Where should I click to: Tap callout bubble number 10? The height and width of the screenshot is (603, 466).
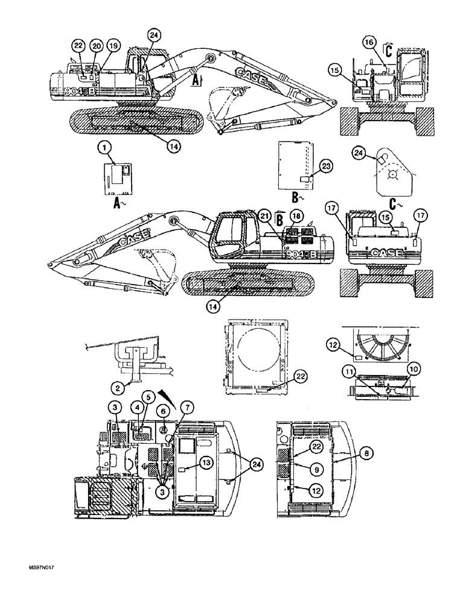(x=412, y=367)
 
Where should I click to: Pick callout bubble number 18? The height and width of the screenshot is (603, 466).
(x=296, y=215)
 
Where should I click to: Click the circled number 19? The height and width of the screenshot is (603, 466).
(x=113, y=45)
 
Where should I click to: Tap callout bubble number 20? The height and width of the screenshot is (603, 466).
(x=96, y=45)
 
